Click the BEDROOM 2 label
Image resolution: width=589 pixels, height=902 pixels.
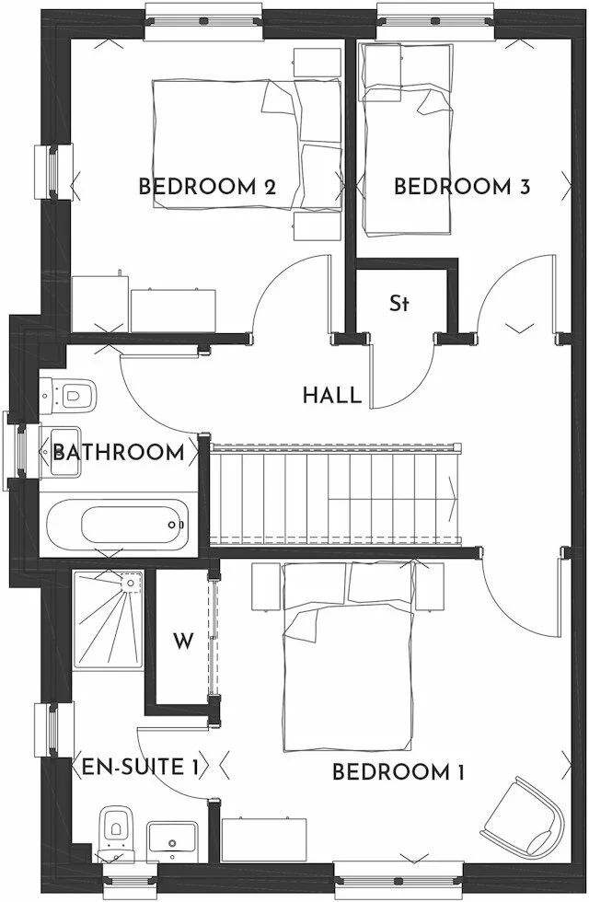207,187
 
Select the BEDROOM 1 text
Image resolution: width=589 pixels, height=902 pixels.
398,772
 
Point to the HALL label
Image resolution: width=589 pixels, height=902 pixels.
331,396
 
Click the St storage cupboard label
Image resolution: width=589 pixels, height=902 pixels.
398,303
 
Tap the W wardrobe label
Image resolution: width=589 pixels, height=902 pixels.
184,641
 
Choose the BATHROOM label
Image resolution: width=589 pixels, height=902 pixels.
118,452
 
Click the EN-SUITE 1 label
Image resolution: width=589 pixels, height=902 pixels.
140,766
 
